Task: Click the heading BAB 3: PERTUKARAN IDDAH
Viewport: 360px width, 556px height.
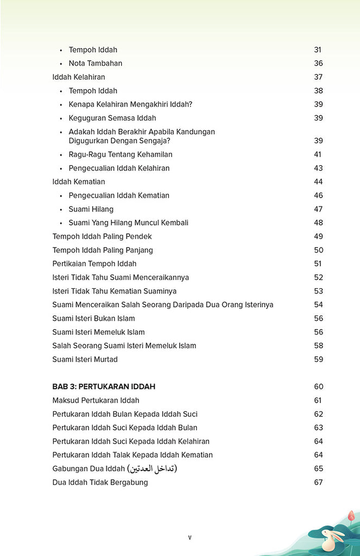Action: (x=104, y=387)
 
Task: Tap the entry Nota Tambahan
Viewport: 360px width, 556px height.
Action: (x=96, y=64)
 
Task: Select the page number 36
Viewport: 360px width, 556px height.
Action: (x=318, y=64)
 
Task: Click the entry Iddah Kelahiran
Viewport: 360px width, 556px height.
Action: (x=79, y=77)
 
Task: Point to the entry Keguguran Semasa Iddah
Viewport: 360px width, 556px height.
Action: (x=112, y=118)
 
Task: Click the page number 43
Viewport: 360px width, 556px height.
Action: (x=318, y=168)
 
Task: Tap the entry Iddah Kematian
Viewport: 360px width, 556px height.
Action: (x=79, y=182)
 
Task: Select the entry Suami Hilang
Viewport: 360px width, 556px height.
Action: (x=91, y=209)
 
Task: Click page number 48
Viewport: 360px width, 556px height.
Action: (x=318, y=223)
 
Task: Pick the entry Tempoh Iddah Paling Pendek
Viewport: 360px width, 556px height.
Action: (x=102, y=236)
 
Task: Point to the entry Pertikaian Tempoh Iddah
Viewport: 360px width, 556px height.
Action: (x=94, y=264)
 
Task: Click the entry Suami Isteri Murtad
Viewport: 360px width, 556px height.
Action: (x=85, y=359)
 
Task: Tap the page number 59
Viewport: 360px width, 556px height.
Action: (x=318, y=359)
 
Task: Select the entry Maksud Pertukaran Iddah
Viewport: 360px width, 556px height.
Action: (x=96, y=401)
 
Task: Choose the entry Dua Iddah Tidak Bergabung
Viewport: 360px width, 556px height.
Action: (x=100, y=482)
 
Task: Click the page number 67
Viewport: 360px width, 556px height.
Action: (x=318, y=482)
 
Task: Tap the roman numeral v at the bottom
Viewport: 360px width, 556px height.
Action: (x=190, y=538)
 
